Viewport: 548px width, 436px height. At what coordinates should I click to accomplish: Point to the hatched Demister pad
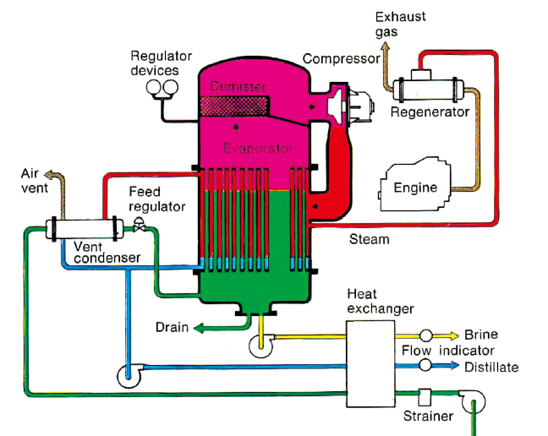coord(233,106)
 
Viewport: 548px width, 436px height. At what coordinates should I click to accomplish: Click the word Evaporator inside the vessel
coord(258,149)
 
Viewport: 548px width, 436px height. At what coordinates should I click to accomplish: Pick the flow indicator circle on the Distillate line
coord(425,364)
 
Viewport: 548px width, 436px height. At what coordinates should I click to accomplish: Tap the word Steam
coord(370,240)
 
